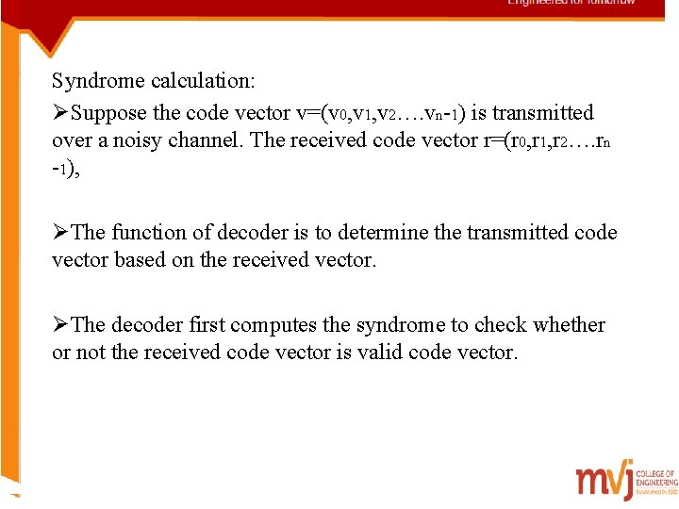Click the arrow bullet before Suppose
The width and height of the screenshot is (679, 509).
60,113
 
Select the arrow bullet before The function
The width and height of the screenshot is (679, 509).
60,232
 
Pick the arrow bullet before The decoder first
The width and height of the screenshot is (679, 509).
60,325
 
